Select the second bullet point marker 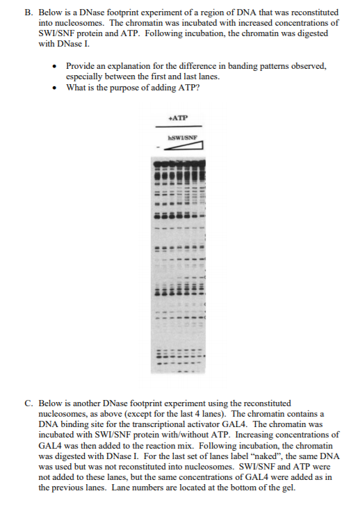click(56, 87)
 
